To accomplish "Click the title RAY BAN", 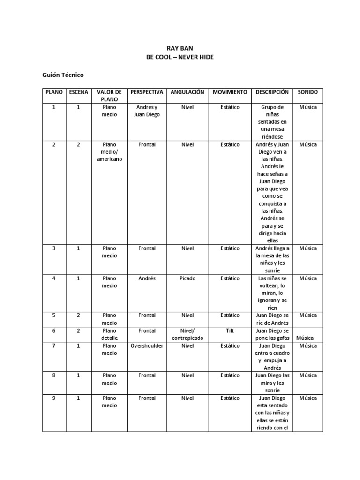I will point(180,48).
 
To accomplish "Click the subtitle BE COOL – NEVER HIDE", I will point(180,57).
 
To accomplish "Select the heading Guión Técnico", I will point(62,75).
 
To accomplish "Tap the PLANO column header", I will point(54,92).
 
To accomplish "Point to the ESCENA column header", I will point(78,92).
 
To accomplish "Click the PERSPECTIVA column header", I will point(147,92).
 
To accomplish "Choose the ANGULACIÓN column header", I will point(187,92).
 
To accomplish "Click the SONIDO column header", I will point(307,92).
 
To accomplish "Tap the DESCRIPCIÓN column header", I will point(272,92).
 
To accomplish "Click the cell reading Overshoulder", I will point(147,345).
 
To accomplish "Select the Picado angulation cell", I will point(187,278).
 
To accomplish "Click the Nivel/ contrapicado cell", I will point(187,334).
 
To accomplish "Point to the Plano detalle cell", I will point(109,334).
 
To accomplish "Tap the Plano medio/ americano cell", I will point(109,152).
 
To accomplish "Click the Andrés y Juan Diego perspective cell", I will point(147,111).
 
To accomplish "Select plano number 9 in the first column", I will point(54,398).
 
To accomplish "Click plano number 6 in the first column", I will point(54,330).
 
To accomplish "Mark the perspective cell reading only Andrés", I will point(147,278).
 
